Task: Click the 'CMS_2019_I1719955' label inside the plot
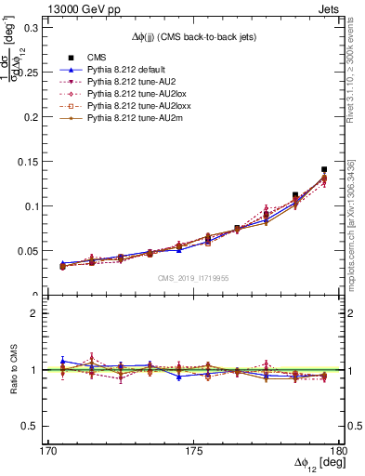193,277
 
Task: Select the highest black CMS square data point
324,170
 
